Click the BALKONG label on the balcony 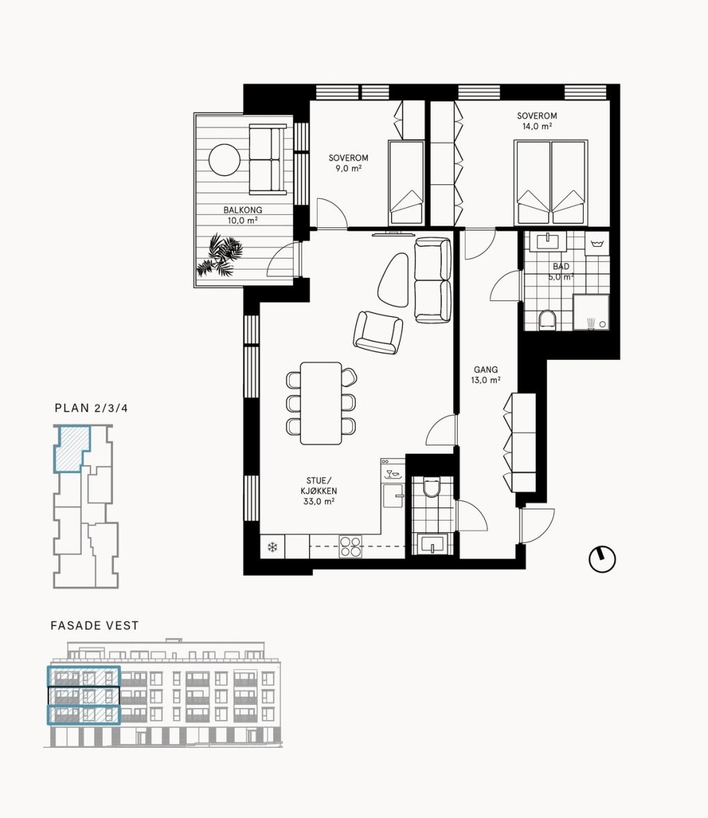point(242,210)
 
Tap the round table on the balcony point(224,160)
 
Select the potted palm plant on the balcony point(220,255)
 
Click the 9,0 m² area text point(348,168)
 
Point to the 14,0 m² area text point(537,126)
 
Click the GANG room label point(486,369)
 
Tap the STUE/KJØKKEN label point(318,486)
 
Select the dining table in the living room point(321,403)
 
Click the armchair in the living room point(378,332)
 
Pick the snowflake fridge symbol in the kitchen point(272,547)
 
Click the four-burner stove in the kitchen point(350,547)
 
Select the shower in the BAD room point(591,313)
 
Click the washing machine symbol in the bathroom point(597,244)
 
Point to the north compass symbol point(602,559)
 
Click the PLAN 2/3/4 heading point(91,408)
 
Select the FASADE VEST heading point(95,625)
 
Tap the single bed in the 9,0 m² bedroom point(406,183)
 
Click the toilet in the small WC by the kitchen point(431,487)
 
